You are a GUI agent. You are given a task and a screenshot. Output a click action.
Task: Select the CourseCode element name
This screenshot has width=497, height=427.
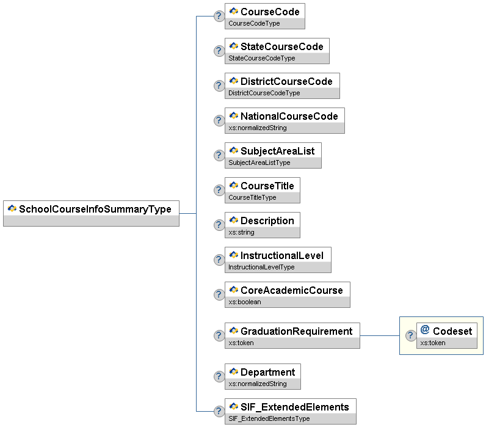pos(270,12)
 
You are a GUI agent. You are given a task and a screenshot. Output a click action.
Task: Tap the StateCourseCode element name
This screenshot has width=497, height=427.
pos(281,46)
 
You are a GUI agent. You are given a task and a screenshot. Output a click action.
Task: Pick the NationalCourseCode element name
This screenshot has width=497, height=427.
pos(289,116)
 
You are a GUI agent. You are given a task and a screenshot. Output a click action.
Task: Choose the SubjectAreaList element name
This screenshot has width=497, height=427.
pos(277,151)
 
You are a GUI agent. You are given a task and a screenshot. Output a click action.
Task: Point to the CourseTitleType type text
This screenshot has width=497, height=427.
pos(252,197)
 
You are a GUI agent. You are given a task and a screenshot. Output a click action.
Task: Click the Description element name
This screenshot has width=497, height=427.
pos(267,221)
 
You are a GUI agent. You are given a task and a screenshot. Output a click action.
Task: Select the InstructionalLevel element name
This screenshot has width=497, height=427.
pos(282,255)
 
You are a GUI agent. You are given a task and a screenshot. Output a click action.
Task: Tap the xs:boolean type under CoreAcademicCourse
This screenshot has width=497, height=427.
pos(244,302)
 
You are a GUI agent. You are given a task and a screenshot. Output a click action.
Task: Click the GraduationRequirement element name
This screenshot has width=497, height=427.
pos(296,331)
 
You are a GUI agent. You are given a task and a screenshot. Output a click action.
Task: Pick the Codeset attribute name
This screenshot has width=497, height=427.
pos(452,331)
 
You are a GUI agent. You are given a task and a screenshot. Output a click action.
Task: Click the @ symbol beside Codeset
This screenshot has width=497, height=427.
pos(425,330)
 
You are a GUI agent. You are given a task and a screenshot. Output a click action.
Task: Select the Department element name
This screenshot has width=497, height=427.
pos(267,372)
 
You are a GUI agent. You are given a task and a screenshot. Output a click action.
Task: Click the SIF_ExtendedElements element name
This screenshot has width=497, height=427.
pos(294,407)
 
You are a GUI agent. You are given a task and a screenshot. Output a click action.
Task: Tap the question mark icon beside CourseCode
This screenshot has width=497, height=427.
pos(219,16)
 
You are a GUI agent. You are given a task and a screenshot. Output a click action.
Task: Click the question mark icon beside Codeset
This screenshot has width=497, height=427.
pos(410,335)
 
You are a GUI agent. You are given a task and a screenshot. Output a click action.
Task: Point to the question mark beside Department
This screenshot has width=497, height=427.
pos(219,376)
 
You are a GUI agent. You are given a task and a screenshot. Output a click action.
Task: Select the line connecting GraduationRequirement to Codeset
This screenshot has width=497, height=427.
pos(379,335)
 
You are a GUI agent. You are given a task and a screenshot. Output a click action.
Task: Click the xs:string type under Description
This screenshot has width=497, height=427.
pos(241,232)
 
